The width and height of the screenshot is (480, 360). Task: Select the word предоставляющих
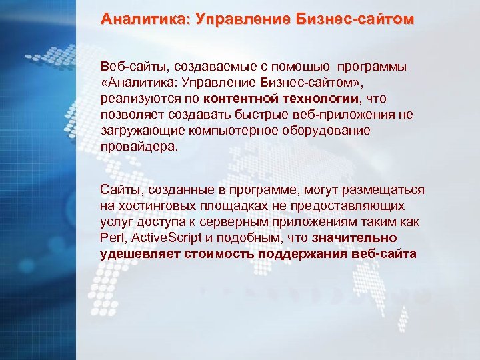(347, 207)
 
